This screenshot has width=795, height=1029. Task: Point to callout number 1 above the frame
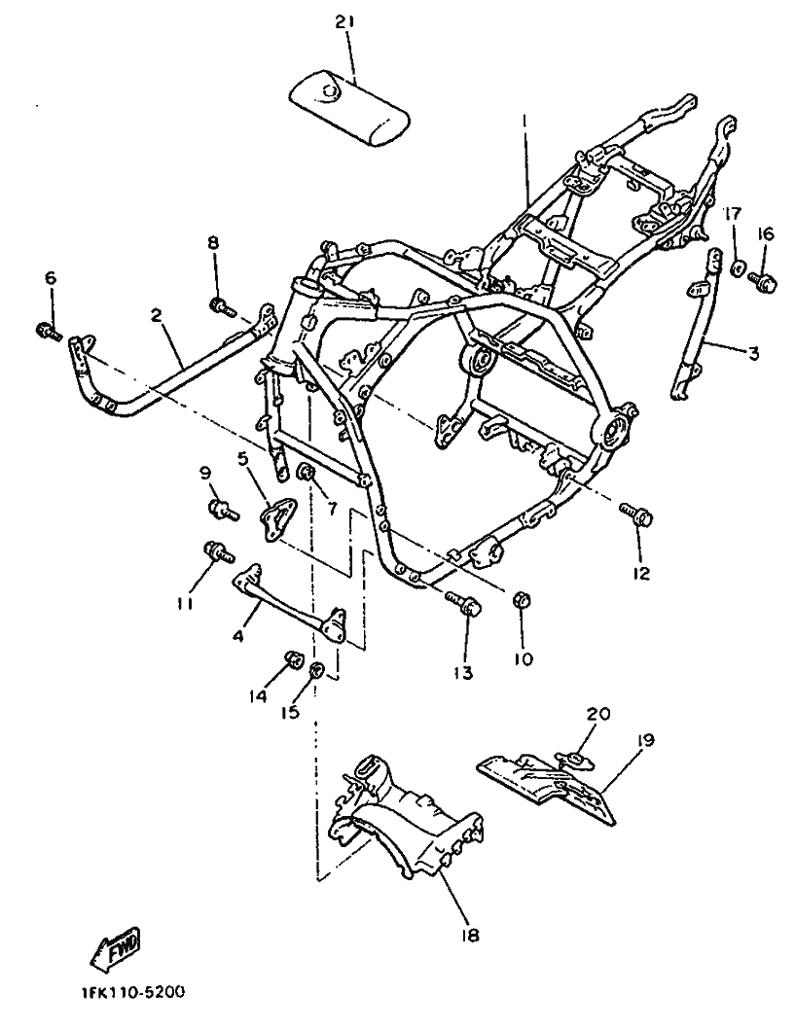(524, 121)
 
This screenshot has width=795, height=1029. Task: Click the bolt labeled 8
(223, 306)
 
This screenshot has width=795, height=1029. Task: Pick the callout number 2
(157, 316)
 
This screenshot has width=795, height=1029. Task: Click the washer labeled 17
(738, 268)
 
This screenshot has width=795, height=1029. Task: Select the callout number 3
(753, 353)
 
